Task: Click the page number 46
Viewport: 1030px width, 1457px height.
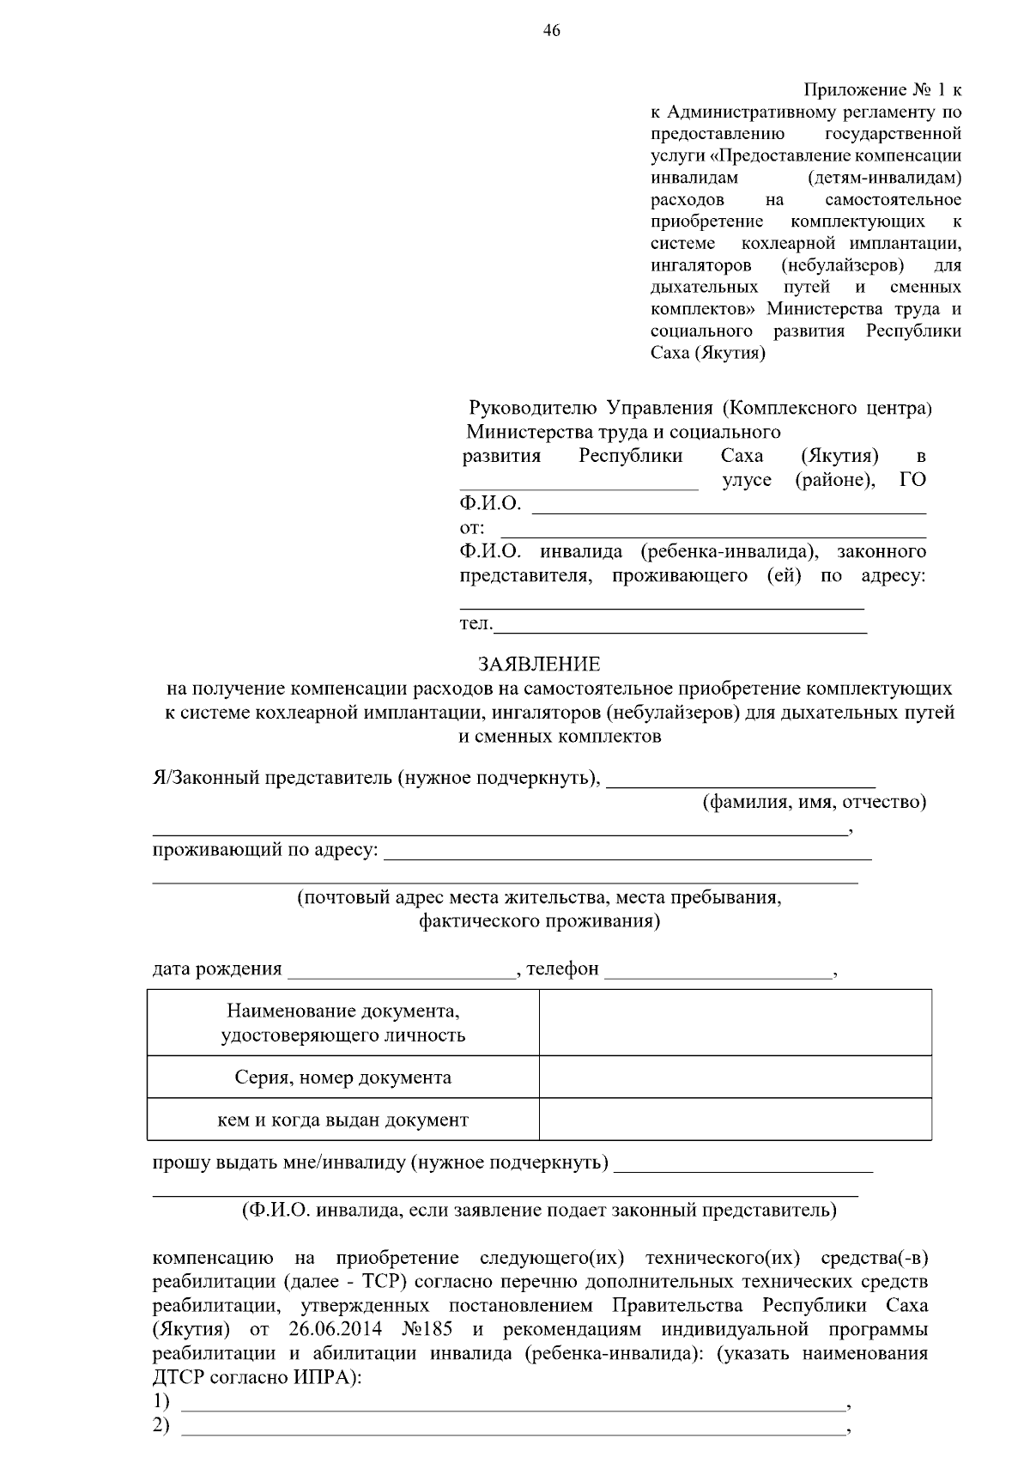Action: click(x=551, y=31)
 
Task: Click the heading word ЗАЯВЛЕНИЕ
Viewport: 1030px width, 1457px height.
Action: click(x=539, y=664)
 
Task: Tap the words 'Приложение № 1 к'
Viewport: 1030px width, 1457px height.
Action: click(x=882, y=90)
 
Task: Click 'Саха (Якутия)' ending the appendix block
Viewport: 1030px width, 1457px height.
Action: click(x=707, y=353)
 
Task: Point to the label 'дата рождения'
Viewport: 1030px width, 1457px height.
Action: click(x=217, y=968)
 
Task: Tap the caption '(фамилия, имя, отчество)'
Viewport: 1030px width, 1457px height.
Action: click(x=815, y=802)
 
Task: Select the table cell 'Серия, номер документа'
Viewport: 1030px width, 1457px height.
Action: click(x=343, y=1078)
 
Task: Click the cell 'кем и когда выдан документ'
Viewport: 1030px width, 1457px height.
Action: click(x=343, y=1120)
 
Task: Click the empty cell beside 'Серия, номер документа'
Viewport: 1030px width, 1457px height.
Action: click(x=735, y=1078)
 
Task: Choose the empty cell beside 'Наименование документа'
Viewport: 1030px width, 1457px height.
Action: click(x=735, y=1023)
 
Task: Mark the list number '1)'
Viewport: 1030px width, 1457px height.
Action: click(x=161, y=1402)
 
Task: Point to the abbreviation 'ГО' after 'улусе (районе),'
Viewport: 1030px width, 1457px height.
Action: click(x=912, y=480)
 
